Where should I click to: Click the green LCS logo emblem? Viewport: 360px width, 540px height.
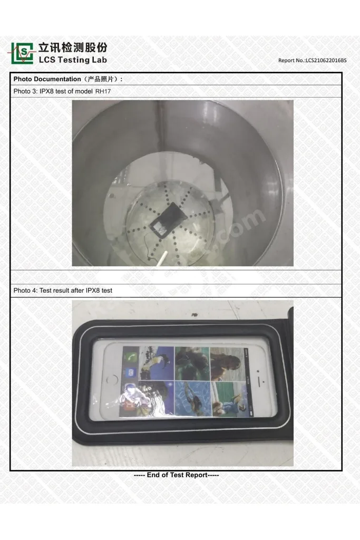(x=22, y=53)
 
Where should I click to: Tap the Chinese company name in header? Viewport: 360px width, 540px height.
(x=73, y=47)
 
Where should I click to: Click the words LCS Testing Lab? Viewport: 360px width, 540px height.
(x=73, y=60)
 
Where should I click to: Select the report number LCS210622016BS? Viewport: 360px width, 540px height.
(x=326, y=60)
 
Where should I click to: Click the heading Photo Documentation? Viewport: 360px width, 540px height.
(x=47, y=79)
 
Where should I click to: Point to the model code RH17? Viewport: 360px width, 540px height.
(x=103, y=91)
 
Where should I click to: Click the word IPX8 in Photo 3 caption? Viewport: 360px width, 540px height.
(x=46, y=91)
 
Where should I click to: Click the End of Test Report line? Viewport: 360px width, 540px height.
(x=176, y=475)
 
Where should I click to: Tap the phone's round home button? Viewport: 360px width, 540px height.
(x=112, y=380)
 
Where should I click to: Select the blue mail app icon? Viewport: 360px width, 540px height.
(x=131, y=373)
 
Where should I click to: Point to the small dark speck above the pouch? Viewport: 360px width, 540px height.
(x=194, y=315)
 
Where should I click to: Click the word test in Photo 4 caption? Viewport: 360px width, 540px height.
(x=106, y=291)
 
